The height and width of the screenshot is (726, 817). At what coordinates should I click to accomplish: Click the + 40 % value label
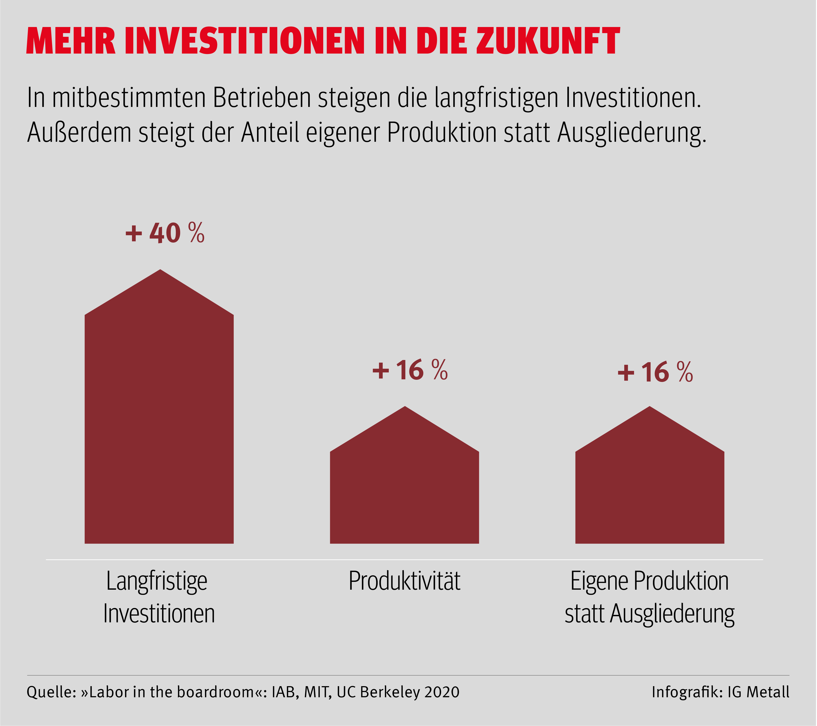point(165,233)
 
